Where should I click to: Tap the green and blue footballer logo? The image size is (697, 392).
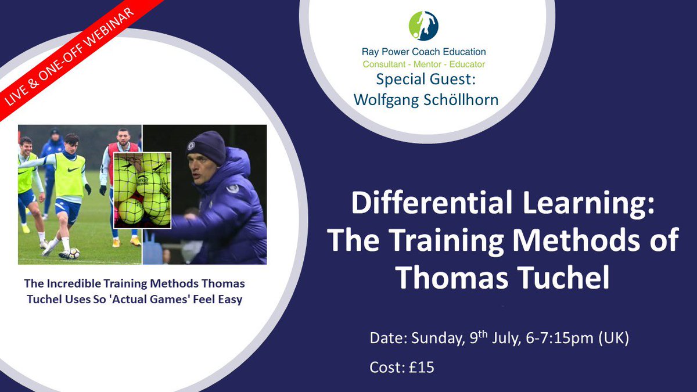423,26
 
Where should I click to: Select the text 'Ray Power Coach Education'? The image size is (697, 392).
423,52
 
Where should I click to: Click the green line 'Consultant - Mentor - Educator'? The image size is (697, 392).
423,64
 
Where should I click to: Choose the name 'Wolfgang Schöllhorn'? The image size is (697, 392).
426,99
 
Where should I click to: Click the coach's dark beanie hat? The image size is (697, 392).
206,146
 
